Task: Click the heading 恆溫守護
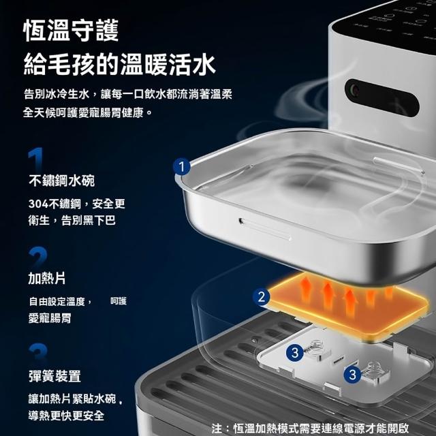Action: click(71, 31)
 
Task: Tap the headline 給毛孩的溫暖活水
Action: click(120, 65)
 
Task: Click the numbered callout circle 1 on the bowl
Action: click(182, 167)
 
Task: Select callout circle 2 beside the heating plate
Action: click(262, 297)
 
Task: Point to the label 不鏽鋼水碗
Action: click(62, 181)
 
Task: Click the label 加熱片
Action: click(47, 279)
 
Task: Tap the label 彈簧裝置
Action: click(54, 377)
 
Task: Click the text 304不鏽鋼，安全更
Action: click(77, 204)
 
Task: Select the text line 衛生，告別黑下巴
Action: click(72, 221)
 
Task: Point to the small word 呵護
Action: click(119, 301)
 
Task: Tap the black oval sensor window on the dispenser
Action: click(381, 97)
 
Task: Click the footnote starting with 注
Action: click(310, 429)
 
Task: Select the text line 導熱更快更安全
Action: click(66, 416)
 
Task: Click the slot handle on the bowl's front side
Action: click(265, 229)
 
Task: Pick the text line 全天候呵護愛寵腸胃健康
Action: click(88, 113)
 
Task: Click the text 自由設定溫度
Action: click(57, 301)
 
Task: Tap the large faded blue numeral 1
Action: click(36, 159)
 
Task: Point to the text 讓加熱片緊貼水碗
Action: click(72, 399)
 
